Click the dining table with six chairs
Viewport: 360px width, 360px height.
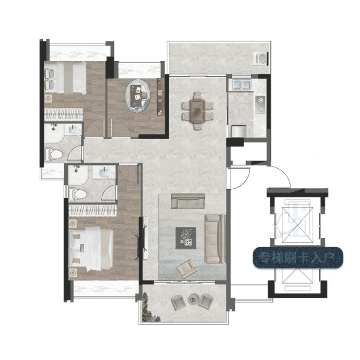(198, 110)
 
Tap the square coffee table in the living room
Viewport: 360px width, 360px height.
(186, 238)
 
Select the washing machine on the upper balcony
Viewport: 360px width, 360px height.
(262, 58)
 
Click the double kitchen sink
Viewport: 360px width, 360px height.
(241, 84)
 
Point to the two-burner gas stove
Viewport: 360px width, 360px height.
(260, 105)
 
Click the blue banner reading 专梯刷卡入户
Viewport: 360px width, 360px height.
(298, 258)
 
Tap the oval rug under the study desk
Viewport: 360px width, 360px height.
(138, 96)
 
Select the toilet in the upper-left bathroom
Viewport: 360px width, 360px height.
(53, 154)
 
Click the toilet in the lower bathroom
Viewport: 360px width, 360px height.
(77, 194)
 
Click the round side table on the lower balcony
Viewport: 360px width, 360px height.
(192, 299)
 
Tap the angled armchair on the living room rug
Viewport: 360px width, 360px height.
(187, 269)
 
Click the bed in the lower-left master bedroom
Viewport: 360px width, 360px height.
(91, 249)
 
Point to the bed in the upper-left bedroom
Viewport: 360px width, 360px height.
(66, 78)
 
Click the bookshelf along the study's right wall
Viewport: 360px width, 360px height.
(161, 96)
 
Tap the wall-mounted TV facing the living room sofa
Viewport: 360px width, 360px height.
(144, 238)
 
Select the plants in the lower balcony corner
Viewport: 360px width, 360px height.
(149, 307)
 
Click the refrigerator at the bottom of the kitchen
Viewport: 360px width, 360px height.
(239, 131)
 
